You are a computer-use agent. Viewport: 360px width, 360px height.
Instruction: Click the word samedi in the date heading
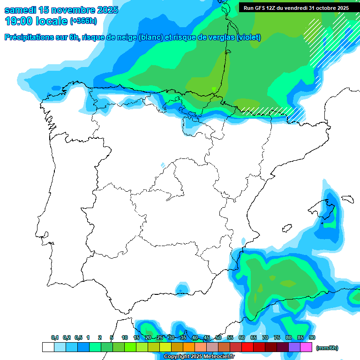pyautogui.click(x=19, y=10)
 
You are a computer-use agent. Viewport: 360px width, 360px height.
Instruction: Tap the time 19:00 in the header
pyautogui.click(x=19, y=21)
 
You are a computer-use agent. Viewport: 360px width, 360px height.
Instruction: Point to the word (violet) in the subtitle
pyautogui.click(x=248, y=37)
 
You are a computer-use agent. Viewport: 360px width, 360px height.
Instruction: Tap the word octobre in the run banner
pyautogui.click(x=325, y=8)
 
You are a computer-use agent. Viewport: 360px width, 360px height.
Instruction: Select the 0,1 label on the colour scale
pyautogui.click(x=55, y=338)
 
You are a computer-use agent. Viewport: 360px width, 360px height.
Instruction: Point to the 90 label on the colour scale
pyautogui.click(x=312, y=338)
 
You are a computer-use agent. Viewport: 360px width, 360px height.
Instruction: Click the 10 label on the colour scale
pyautogui.click(x=125, y=338)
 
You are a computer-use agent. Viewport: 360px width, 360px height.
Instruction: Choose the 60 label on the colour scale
pyautogui.click(x=242, y=338)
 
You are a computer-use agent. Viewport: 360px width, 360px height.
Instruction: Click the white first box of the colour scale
pyautogui.click(x=48, y=347)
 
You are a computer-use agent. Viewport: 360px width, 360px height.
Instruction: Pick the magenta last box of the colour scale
pyautogui.click(x=306, y=347)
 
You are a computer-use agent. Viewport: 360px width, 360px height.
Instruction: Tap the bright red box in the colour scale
pyautogui.click(x=247, y=347)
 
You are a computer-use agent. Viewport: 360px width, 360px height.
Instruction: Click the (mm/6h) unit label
pyautogui.click(x=327, y=348)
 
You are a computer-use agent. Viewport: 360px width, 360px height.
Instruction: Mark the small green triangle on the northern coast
pyautogui.click(x=214, y=89)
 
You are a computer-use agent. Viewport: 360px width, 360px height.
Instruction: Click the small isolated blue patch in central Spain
pyautogui.click(x=163, y=165)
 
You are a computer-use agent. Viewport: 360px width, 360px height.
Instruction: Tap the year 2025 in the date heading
pyautogui.click(x=103, y=10)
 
